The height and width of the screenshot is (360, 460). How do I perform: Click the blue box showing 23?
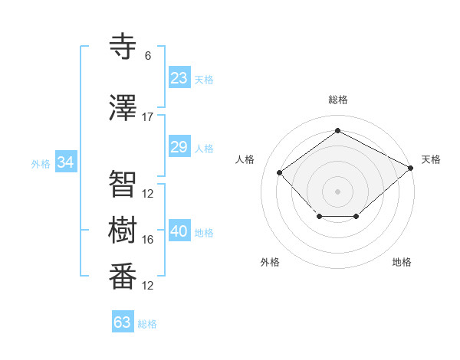pos(179,78)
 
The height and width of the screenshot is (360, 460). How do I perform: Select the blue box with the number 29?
pos(179,147)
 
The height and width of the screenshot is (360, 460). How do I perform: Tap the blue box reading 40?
pos(179,232)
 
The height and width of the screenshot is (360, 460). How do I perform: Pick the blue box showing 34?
pos(65,162)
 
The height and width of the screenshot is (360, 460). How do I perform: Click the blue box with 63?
pos(122,322)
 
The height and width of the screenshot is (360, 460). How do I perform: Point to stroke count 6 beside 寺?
pos(148,56)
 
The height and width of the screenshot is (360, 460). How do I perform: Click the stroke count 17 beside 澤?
pos(148,117)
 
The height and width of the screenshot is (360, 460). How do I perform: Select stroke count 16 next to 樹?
pos(148,240)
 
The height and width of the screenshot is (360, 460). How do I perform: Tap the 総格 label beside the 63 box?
pos(147,324)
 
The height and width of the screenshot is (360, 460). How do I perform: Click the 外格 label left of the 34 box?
pos(41,163)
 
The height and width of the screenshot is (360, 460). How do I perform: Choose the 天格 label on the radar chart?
pos(431,159)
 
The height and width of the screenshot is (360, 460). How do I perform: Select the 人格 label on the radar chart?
pos(245,159)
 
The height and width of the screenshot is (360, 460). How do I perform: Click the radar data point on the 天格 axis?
pos(412,168)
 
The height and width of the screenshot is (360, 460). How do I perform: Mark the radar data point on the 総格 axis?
pos(337,130)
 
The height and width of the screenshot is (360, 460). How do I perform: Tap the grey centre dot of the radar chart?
pos(337,191)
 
